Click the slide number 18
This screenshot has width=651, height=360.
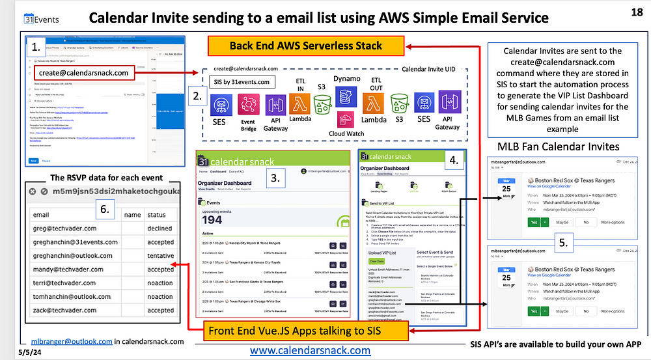tap(637, 12)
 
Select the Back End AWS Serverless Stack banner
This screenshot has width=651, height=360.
tap(306, 46)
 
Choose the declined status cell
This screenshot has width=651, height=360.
tap(160, 228)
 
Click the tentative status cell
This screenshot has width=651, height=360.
tap(160, 256)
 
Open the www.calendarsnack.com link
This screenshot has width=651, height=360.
tap(310, 350)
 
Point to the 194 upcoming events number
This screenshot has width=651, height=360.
tap(214, 219)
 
